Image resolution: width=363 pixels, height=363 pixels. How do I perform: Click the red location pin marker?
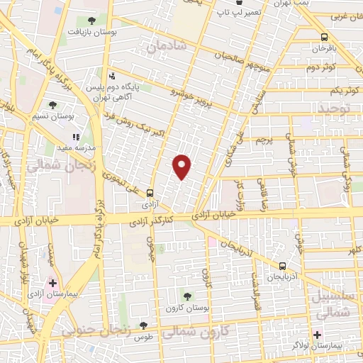(182, 167)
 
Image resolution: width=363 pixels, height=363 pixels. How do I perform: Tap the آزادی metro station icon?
(150, 192)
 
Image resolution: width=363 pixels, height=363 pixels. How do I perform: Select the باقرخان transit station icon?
(324, 37)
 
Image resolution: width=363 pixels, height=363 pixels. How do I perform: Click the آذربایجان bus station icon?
(283, 265)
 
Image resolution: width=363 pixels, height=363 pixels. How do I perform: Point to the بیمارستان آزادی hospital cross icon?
(52, 283)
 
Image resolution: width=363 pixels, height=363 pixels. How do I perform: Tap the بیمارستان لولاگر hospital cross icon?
(317, 333)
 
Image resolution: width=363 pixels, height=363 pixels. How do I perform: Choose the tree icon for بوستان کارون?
(187, 296)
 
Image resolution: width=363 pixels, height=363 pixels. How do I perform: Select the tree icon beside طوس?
(144, 325)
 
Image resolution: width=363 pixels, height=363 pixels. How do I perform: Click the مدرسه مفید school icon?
(76, 137)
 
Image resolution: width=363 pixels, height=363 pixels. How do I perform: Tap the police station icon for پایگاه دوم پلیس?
(113, 76)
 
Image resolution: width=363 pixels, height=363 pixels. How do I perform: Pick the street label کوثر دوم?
(320, 67)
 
